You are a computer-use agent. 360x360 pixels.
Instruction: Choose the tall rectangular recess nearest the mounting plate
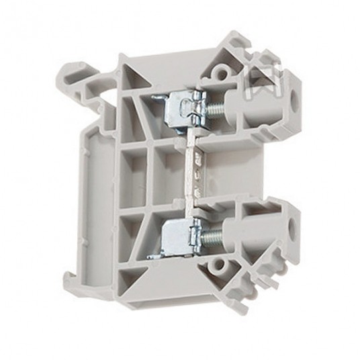(x=132, y=171)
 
